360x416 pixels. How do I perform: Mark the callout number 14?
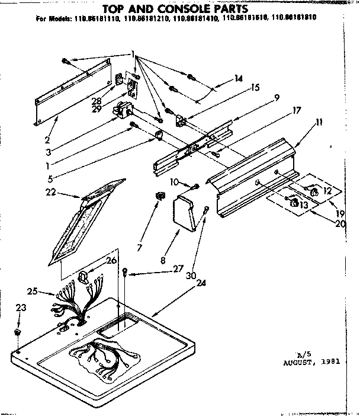point(238,78)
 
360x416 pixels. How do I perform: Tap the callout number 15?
point(255,87)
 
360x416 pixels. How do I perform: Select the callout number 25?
point(33,290)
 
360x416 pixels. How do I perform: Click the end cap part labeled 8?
point(187,214)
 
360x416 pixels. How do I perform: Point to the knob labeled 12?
point(314,192)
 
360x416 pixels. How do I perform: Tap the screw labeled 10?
point(196,187)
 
